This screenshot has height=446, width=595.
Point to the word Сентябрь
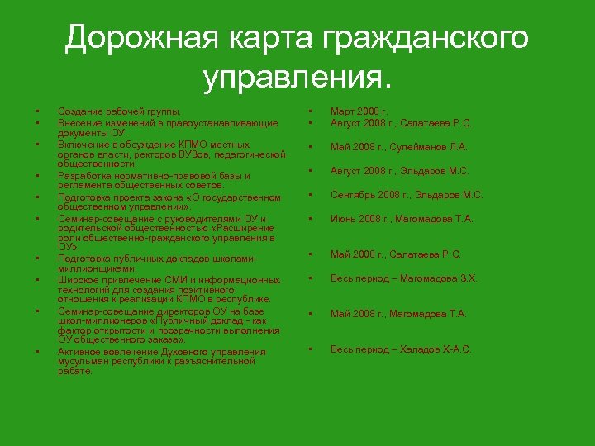click(353, 196)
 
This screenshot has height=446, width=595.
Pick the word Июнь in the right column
click(344, 220)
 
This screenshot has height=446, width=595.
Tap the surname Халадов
click(421, 350)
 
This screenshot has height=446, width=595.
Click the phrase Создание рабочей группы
click(119, 111)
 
